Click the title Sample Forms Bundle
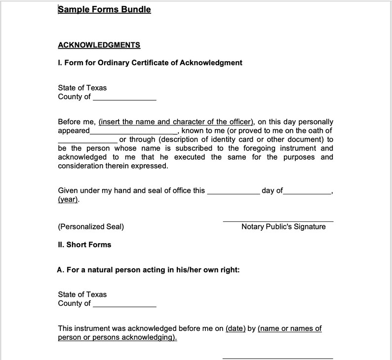[x=104, y=9]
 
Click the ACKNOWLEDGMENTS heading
[x=99, y=45]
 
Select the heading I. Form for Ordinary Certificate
[x=150, y=63]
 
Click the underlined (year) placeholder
[x=68, y=200]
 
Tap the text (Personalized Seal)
[x=91, y=227]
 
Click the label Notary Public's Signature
[x=283, y=227]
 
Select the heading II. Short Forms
[x=84, y=245]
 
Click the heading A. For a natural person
[x=149, y=270]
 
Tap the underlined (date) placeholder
[x=235, y=328]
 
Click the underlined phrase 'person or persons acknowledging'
[x=118, y=338]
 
